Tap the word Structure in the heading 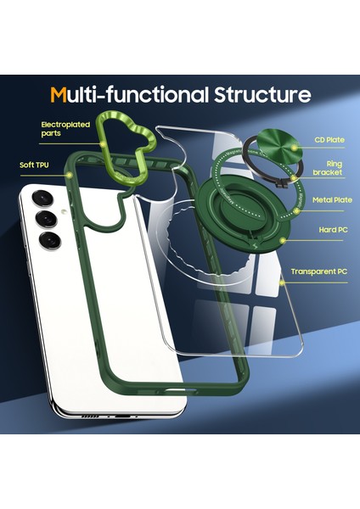click(263, 94)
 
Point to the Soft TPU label click(35, 165)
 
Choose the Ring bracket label click(327, 167)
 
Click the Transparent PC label click(318, 271)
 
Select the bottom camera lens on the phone click(49, 241)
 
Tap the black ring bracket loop click(255, 144)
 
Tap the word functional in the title click(143, 94)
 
